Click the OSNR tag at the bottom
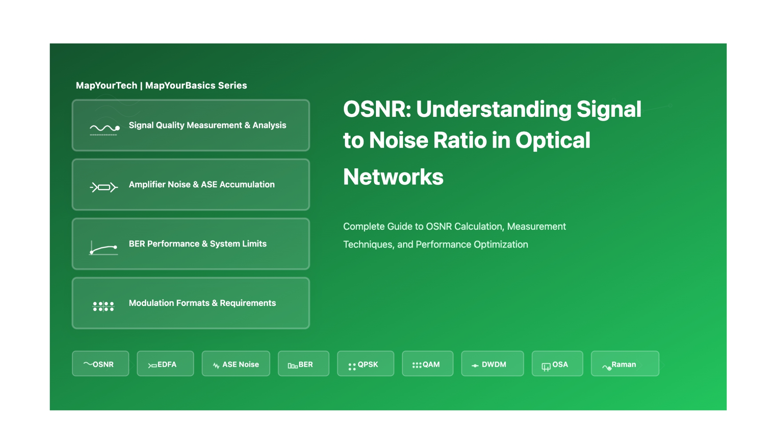101,364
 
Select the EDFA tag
165,364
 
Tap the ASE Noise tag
236,364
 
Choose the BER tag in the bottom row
304,364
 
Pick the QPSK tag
366,364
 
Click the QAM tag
428,364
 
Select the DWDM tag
492,364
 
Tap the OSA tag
557,364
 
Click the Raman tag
625,364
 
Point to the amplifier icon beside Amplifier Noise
104,187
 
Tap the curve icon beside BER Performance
104,248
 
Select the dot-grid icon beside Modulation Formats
103,306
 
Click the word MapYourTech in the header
106,86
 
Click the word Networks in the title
393,177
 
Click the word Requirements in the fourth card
248,303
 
